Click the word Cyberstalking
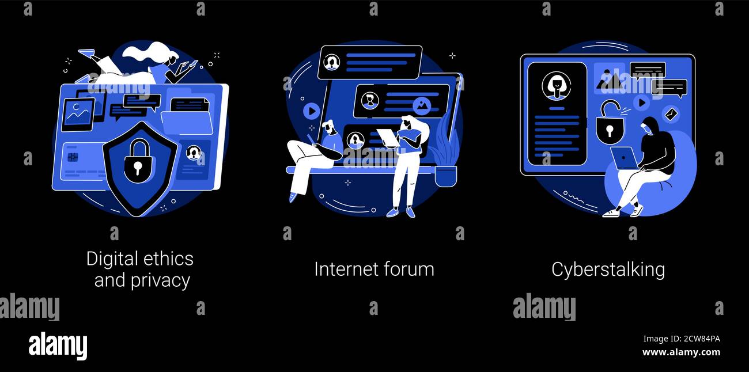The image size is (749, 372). coord(608,269)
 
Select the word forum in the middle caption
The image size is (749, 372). coord(409,269)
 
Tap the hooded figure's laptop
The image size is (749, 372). coord(625,158)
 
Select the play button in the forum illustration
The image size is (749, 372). coord(311,111)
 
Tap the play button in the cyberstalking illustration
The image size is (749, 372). coord(641,103)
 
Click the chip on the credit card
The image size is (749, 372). coord(73,157)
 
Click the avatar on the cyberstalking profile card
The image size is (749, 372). coord(556,86)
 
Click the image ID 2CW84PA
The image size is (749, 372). coord(681,339)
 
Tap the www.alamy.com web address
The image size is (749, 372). coord(681,352)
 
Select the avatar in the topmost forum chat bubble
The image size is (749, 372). coord(331,62)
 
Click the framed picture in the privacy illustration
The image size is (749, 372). coord(78,114)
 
